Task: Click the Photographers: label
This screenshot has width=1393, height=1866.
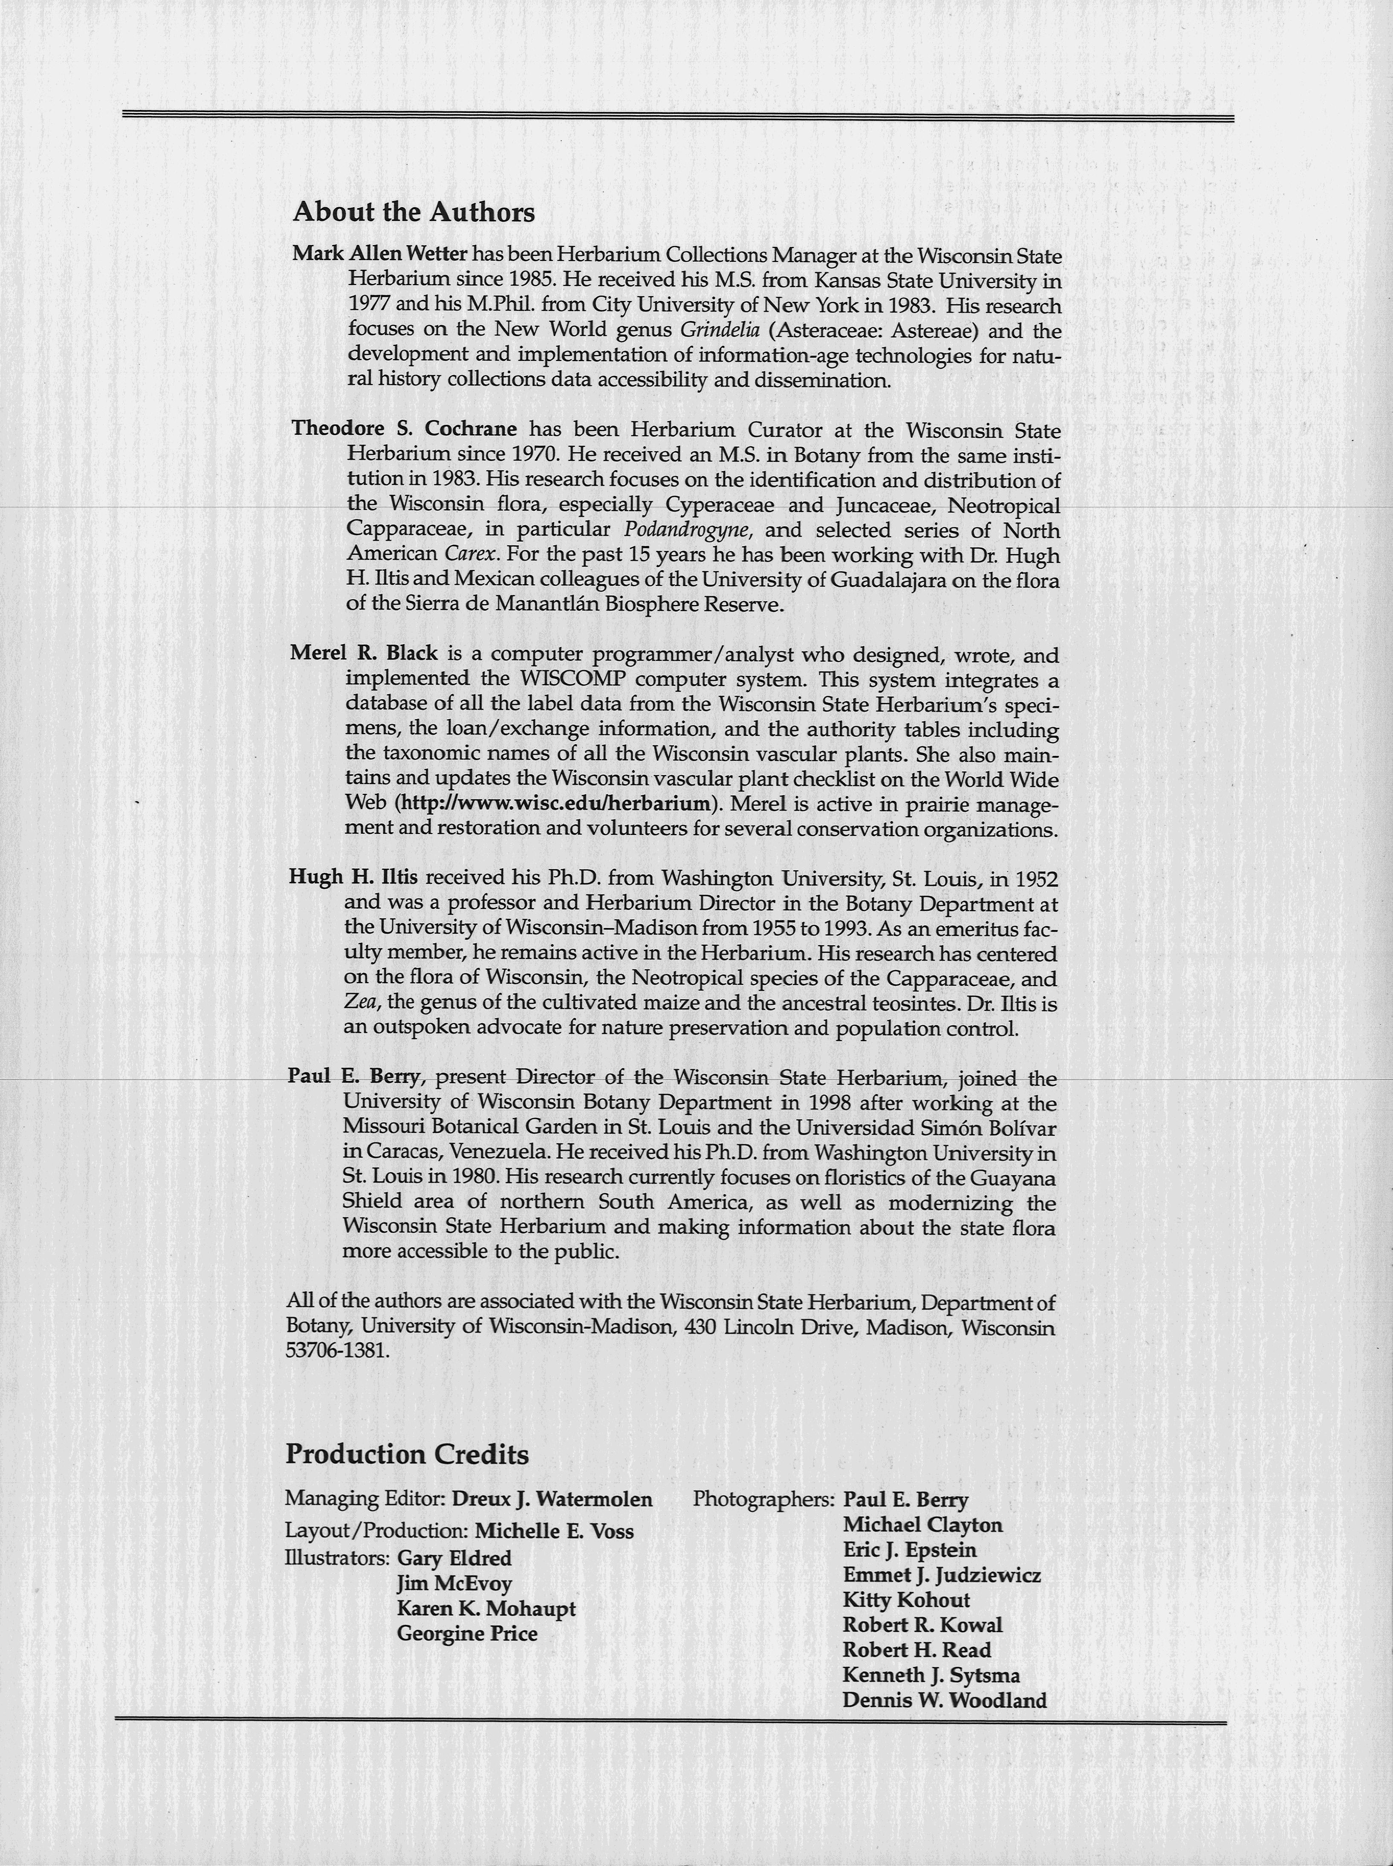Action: tap(763, 1499)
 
